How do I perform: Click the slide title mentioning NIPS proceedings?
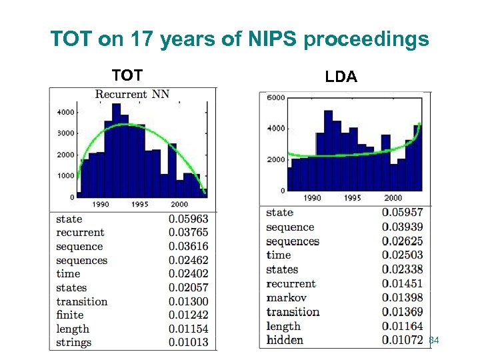coord(240,39)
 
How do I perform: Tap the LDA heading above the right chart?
coord(341,77)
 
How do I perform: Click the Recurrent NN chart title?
coord(132,94)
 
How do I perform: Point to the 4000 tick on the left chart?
coord(65,112)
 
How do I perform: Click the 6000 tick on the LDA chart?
coord(276,98)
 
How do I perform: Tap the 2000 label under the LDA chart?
coord(393,198)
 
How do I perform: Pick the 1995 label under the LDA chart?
coord(353,198)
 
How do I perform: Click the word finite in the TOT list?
coord(70,315)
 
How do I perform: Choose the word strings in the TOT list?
coord(74,343)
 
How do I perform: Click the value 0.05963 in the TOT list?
coord(188,219)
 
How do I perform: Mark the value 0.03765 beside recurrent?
coord(188,233)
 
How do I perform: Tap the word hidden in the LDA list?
coord(285,340)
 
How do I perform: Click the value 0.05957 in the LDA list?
coord(402,213)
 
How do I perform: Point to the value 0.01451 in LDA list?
coord(402,283)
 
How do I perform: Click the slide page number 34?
coord(434,341)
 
